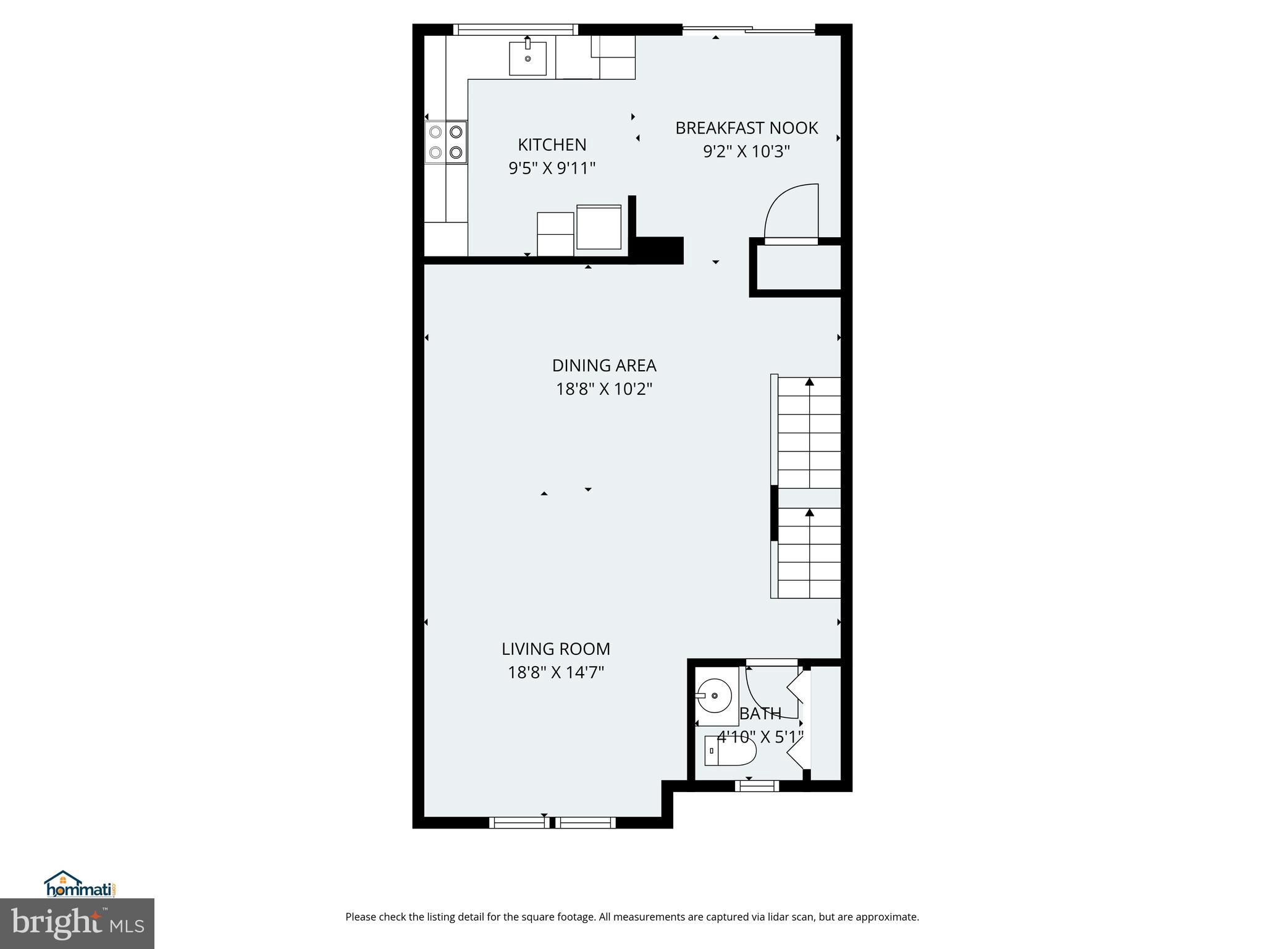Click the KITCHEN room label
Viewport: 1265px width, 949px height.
(x=552, y=145)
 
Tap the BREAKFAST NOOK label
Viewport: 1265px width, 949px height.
(x=746, y=128)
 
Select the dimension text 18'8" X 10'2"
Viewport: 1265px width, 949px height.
(x=603, y=389)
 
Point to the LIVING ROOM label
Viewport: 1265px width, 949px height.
(x=555, y=649)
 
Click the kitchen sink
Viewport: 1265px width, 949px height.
(x=527, y=58)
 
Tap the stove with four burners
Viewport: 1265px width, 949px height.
(x=446, y=141)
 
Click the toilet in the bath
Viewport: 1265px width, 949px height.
(x=730, y=751)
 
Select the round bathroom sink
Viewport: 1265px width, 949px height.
(x=715, y=696)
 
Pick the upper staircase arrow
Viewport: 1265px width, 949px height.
(x=809, y=382)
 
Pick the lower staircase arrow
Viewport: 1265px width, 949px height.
(x=809, y=513)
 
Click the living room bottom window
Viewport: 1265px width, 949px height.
(x=552, y=822)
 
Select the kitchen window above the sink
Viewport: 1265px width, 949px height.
(x=515, y=29)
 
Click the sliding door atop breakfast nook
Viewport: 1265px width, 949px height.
(x=749, y=30)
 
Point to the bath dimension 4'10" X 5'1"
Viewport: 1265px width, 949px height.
(x=760, y=736)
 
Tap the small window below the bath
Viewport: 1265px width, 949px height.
(x=757, y=786)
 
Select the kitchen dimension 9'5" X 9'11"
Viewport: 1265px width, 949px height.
(x=552, y=168)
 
